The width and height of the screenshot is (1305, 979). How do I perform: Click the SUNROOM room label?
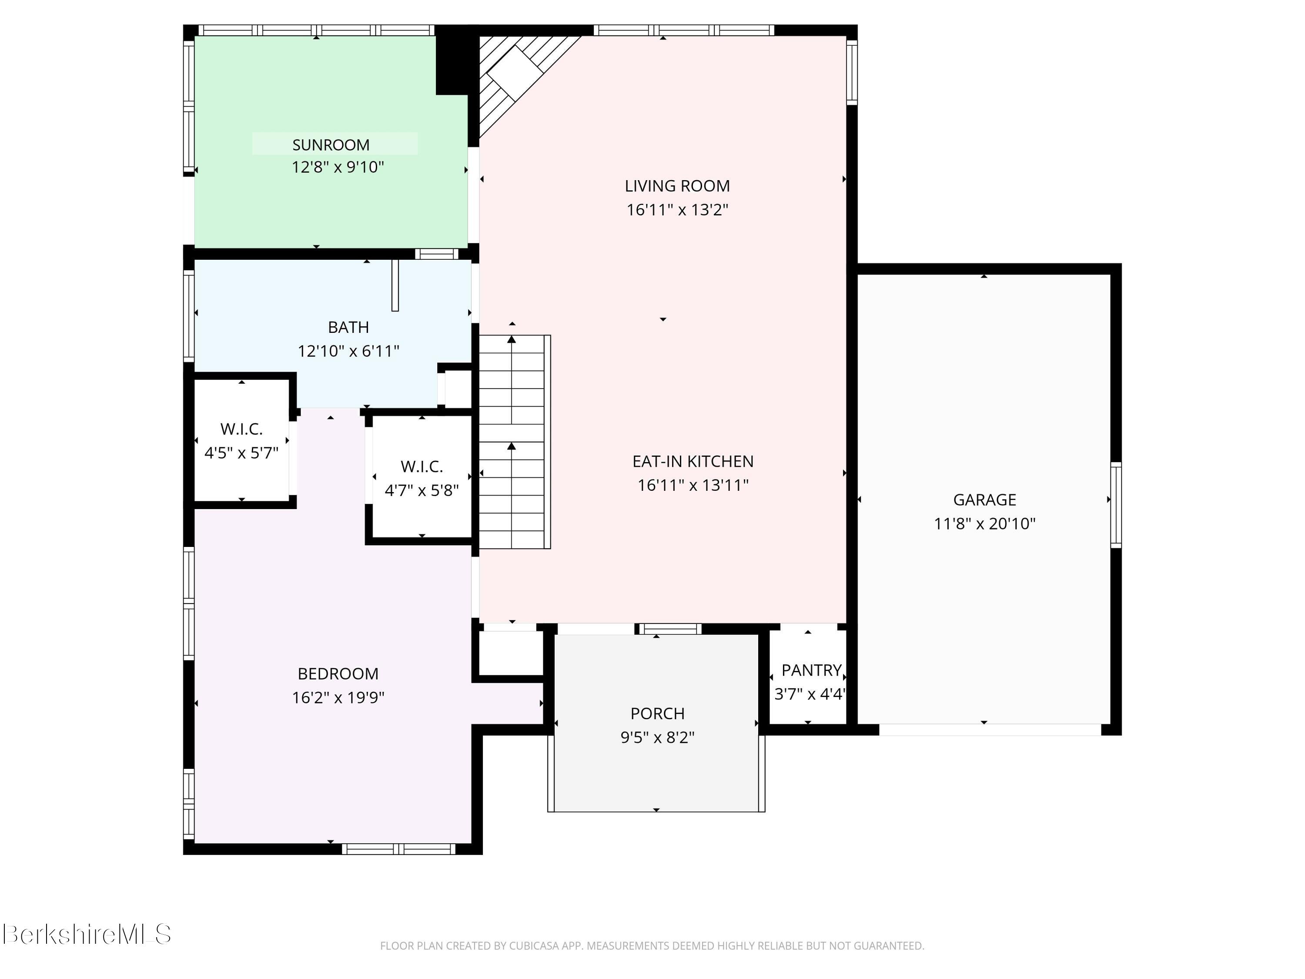point(331,145)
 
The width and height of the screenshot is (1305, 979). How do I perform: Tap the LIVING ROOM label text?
point(677,186)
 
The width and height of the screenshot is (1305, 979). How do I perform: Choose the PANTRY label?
point(812,671)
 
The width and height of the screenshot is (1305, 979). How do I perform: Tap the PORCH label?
point(657,714)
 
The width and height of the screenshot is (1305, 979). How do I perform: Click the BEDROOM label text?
point(338,674)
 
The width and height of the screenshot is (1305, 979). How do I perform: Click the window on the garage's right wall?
point(1116,505)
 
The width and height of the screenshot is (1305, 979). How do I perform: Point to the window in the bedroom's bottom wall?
point(399,849)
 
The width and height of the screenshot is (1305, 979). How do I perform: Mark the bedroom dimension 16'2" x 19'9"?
point(338,697)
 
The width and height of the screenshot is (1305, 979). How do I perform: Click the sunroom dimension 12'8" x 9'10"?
point(338,168)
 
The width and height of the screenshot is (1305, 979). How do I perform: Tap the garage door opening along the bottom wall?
point(990,730)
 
